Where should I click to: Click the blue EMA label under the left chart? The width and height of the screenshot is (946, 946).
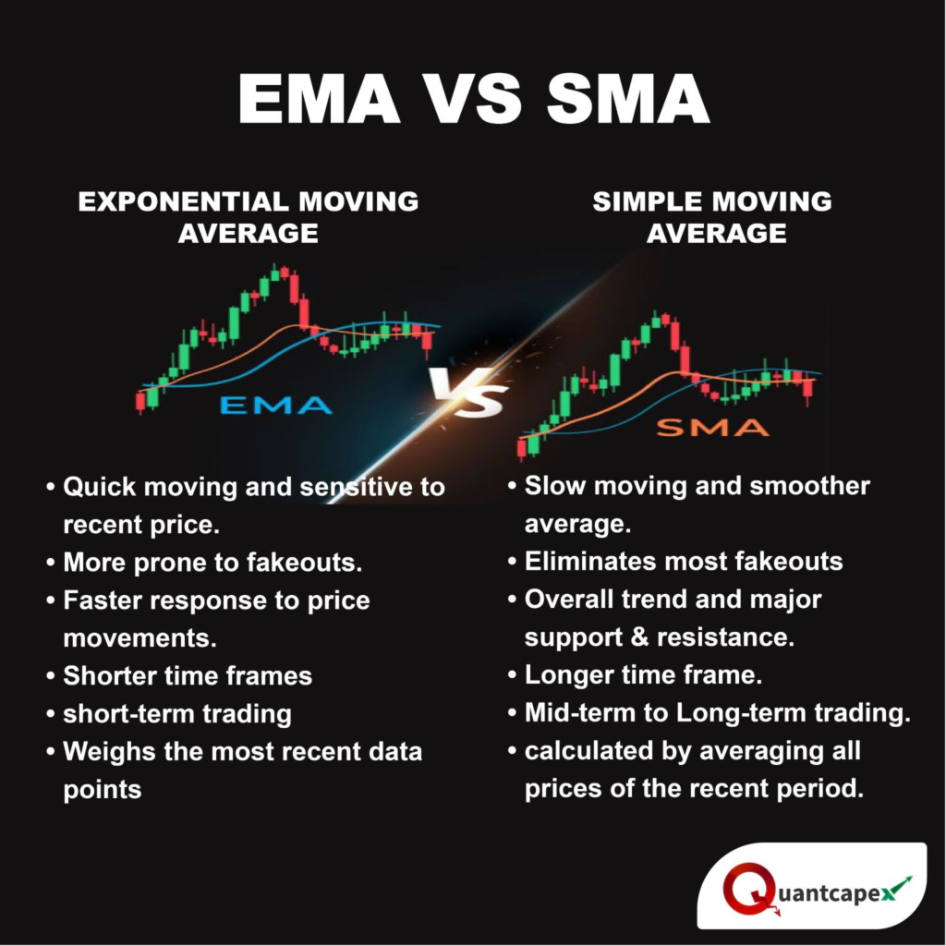click(275, 405)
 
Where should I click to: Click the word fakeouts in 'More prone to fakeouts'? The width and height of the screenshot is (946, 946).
click(317, 562)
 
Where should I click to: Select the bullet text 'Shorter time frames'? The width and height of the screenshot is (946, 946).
click(188, 675)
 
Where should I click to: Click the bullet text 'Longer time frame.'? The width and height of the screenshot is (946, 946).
click(643, 675)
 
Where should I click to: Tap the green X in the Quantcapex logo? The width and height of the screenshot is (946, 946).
click(895, 889)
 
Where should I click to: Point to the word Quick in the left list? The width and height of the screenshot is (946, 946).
click(100, 486)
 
